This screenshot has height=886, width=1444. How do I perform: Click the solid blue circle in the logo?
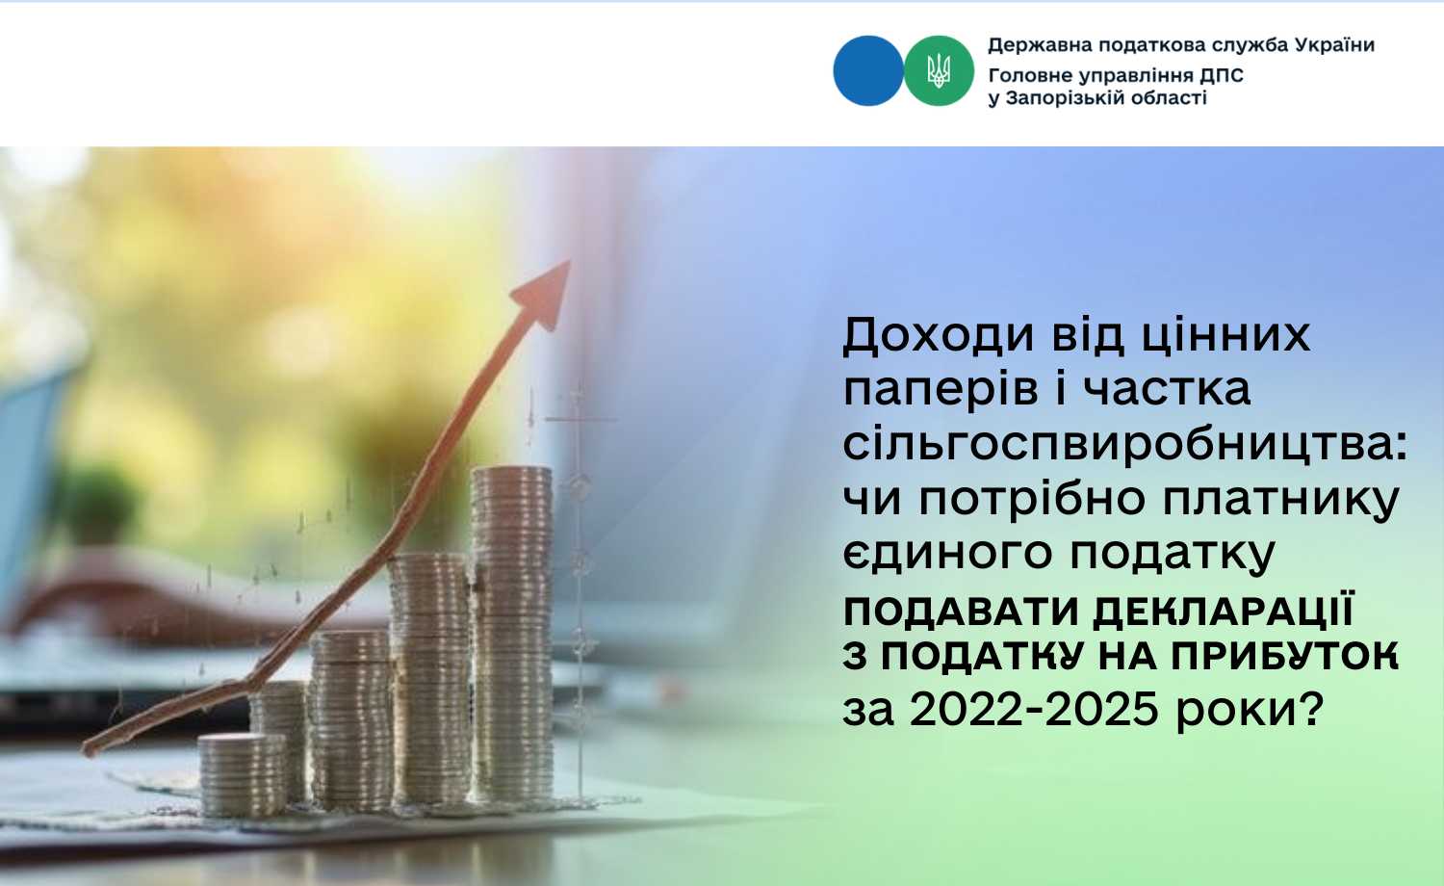[868, 71]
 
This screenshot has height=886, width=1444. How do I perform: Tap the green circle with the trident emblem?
[939, 71]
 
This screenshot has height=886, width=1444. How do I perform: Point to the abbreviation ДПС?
[1221, 76]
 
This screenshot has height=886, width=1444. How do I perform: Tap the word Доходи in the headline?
[939, 336]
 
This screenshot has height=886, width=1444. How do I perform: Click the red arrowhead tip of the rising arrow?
[569, 261]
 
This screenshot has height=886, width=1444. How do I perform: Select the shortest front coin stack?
[241, 776]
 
